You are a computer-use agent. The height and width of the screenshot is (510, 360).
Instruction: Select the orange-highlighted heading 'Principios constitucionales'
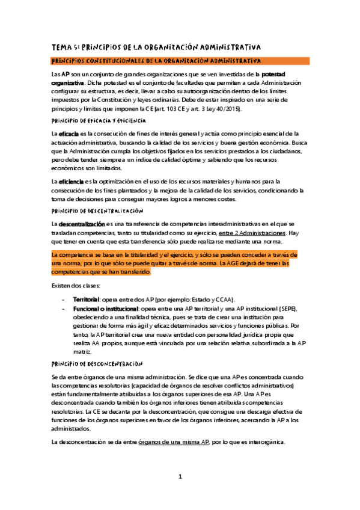(156, 61)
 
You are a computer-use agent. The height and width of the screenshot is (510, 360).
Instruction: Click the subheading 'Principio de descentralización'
(97, 211)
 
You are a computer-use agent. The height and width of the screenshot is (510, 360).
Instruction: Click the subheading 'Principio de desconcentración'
(97, 363)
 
